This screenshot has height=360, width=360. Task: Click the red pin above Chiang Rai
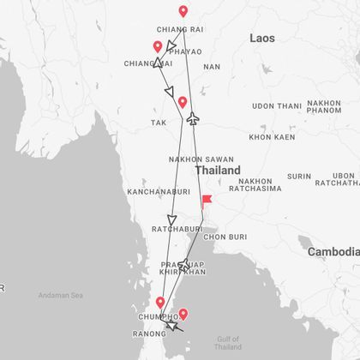[183, 12]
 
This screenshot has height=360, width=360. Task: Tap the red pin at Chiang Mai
[157, 48]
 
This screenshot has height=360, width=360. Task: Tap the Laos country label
[262, 39]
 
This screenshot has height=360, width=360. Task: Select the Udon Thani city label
[277, 106]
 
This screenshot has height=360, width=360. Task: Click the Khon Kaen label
[272, 137]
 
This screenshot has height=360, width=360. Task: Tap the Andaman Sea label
[60, 295]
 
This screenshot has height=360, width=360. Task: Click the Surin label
[299, 177]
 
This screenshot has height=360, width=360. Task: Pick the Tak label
[159, 123]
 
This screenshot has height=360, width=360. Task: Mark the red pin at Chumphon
[159, 303]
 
